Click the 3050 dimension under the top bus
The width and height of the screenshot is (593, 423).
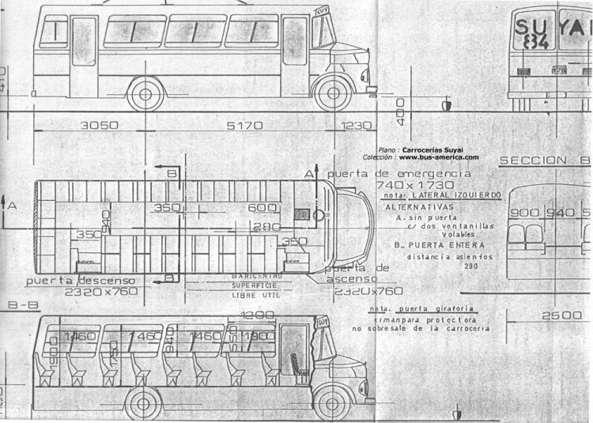[x=100, y=125]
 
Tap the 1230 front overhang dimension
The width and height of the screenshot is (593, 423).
[x=357, y=125]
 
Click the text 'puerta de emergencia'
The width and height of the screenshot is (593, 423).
[x=392, y=173]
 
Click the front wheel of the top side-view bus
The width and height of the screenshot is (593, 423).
[x=333, y=93]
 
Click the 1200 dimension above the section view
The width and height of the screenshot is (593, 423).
[x=259, y=315]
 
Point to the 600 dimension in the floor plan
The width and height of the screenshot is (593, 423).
[x=261, y=208]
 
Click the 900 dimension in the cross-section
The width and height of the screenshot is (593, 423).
[x=523, y=213]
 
